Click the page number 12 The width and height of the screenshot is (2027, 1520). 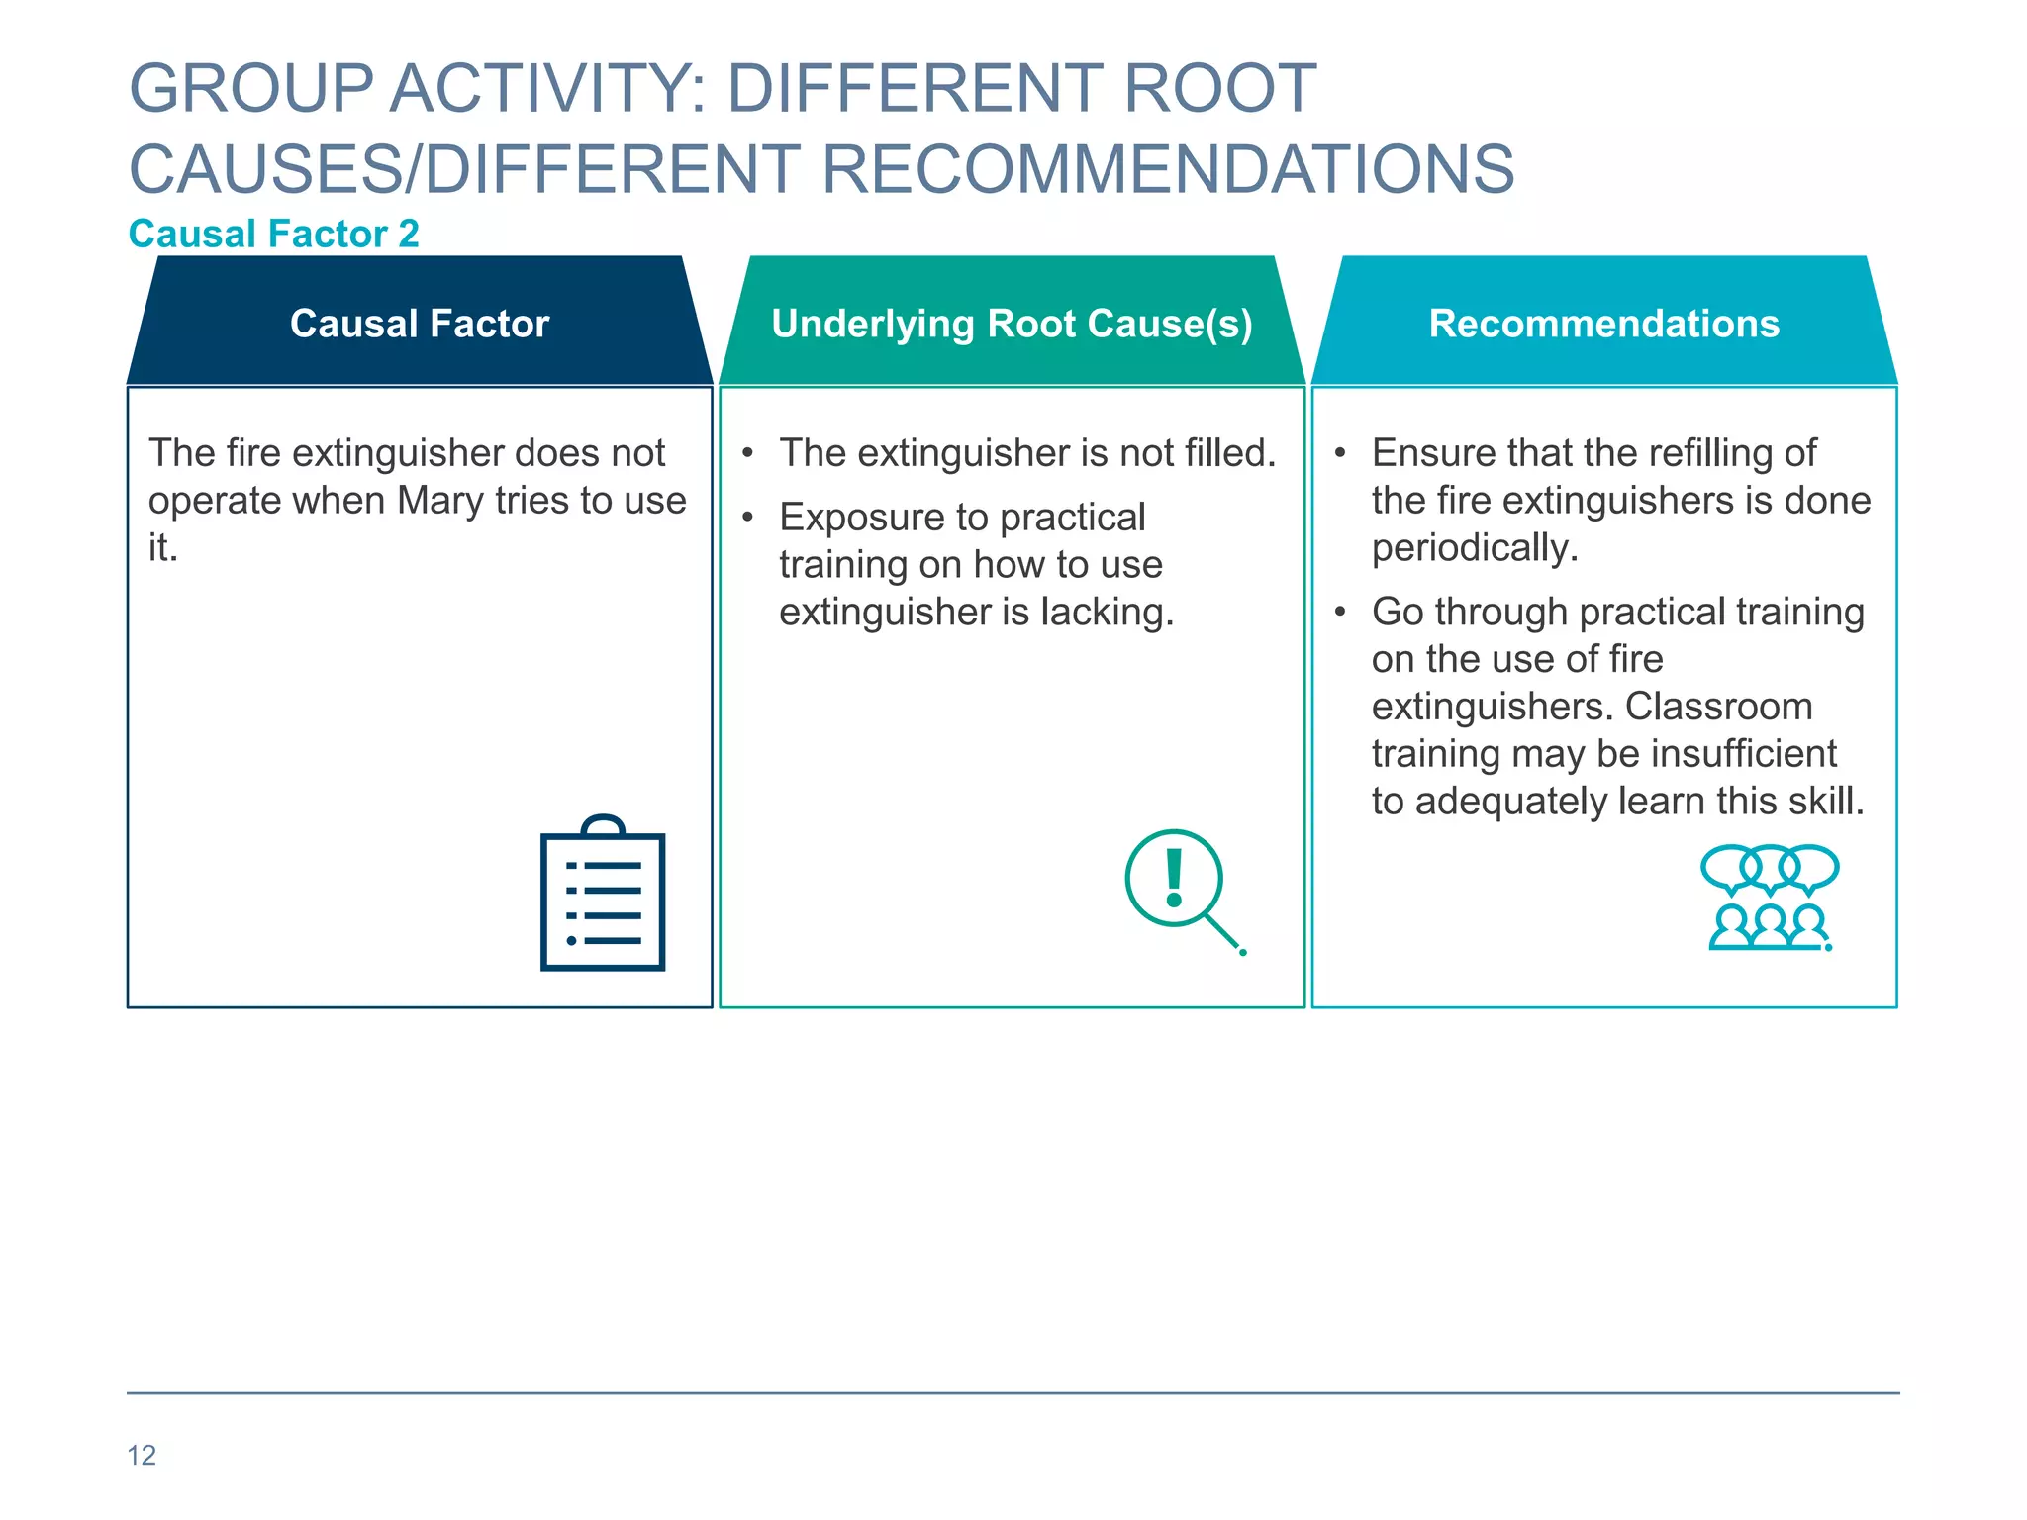coord(142,1455)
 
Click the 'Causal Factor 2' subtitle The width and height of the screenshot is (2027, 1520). coord(274,235)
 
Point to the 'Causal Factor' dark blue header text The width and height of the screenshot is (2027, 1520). coord(420,324)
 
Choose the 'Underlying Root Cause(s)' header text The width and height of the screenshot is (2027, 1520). coord(1012,324)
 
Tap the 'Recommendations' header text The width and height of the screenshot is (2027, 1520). coord(1603,324)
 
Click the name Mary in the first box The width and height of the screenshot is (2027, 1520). coord(440,501)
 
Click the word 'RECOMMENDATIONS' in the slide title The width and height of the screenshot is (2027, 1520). coord(1168,169)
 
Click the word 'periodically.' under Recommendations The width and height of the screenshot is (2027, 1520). coord(1475,548)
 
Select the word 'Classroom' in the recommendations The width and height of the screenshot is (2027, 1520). coord(1718,707)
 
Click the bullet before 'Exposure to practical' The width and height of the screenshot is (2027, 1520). coord(748,518)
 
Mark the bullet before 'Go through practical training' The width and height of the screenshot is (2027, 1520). coord(1340,613)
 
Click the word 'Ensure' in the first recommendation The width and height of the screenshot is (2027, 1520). coord(1421,453)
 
